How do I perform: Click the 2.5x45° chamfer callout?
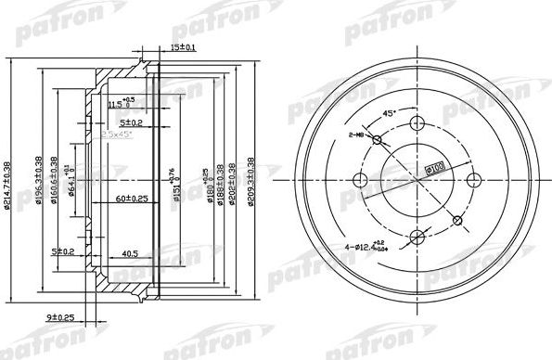(x=116, y=135)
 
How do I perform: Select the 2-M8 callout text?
(x=357, y=135)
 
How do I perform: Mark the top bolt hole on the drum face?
(x=419, y=126)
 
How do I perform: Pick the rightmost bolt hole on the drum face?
(x=473, y=180)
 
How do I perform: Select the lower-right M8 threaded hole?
(x=457, y=219)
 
